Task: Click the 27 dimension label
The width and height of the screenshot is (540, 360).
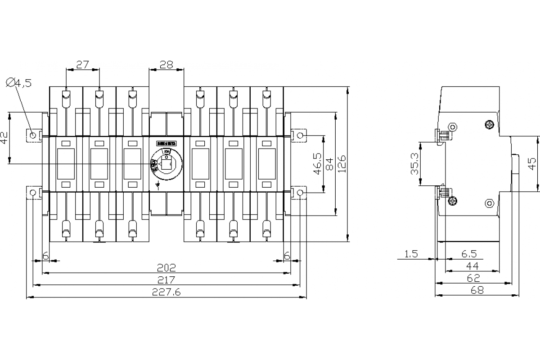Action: (x=82, y=64)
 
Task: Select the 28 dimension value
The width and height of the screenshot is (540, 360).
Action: (x=166, y=64)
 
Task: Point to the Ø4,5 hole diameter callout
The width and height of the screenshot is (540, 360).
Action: (x=19, y=82)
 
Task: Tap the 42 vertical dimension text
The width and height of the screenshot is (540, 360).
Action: (x=4, y=138)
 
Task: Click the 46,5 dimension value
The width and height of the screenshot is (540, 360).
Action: (x=318, y=164)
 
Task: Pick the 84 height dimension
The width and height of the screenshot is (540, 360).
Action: (x=330, y=164)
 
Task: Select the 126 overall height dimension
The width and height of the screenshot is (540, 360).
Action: (x=342, y=164)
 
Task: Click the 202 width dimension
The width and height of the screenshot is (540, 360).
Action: (x=166, y=267)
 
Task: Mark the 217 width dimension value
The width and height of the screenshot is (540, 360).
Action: (x=166, y=279)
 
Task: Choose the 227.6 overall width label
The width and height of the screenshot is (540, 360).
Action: (x=166, y=292)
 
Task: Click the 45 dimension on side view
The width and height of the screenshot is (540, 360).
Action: (x=532, y=164)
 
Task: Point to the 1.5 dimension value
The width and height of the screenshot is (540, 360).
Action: (x=411, y=254)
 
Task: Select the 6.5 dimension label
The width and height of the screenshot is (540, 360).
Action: (x=468, y=254)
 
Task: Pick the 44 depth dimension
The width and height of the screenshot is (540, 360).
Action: (x=472, y=266)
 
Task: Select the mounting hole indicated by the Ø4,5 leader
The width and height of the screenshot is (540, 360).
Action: (x=33, y=135)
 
